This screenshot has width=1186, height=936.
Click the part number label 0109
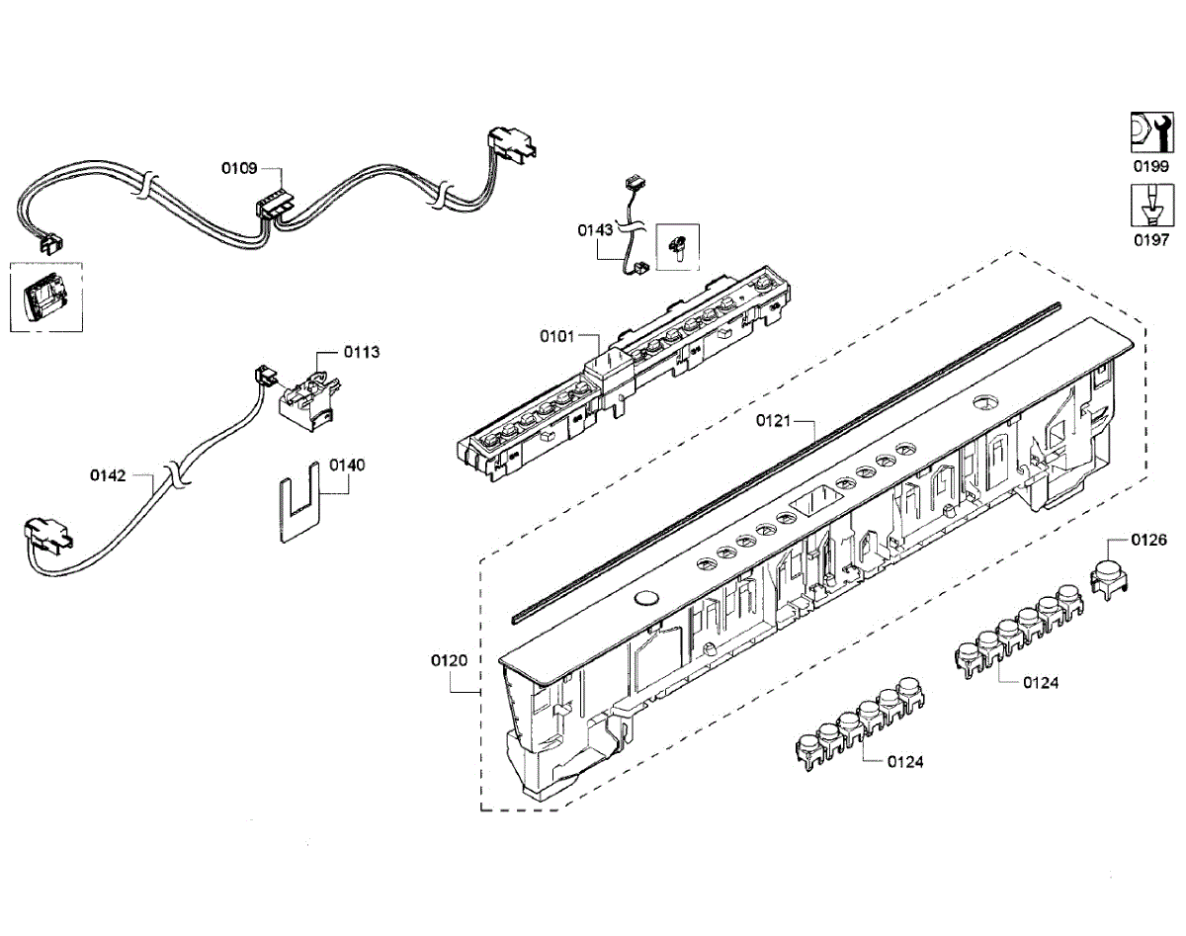(238, 168)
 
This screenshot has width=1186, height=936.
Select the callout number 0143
(596, 229)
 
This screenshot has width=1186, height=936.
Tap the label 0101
(556, 336)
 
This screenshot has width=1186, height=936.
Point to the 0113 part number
(362, 352)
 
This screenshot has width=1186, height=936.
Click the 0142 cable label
(108, 475)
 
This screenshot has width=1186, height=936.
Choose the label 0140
(347, 465)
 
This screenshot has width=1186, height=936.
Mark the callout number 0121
(775, 420)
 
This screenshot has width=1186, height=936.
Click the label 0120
(451, 659)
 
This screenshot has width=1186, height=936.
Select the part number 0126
(1148, 540)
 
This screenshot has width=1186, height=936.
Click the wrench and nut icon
(1150, 131)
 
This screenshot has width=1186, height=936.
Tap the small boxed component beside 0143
(677, 246)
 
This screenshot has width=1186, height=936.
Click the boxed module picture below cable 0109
(44, 297)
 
